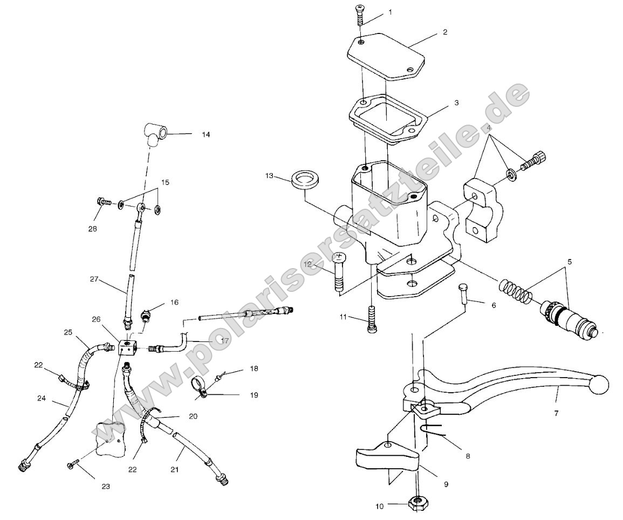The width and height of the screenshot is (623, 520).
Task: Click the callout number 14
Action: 206,134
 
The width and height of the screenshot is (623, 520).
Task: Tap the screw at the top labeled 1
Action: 360,16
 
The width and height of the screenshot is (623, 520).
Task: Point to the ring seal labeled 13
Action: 304,180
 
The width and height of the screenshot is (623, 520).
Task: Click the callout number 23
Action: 106,486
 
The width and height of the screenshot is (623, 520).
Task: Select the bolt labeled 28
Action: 104,203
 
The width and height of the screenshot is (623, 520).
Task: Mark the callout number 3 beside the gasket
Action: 456,102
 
